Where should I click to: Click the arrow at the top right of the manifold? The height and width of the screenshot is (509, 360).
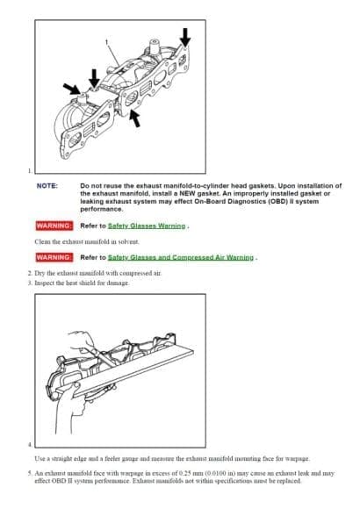pyautogui.click(x=184, y=38)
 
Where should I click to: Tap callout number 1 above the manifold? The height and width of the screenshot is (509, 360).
pyautogui.click(x=106, y=41)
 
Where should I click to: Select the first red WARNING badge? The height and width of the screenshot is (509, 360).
pyautogui.click(x=54, y=226)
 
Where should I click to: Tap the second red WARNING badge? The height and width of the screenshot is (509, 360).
pyautogui.click(x=54, y=258)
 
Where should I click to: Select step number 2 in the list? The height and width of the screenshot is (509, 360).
pyautogui.click(x=29, y=273)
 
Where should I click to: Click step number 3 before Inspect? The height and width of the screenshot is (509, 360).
pyautogui.click(x=29, y=282)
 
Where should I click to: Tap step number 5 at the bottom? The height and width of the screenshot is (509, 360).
pyautogui.click(x=29, y=471)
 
